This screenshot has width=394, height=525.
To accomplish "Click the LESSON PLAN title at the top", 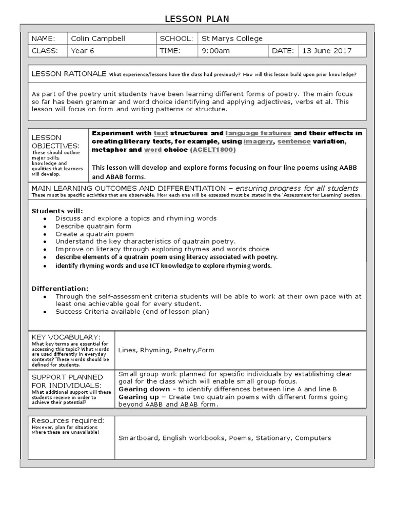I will point(196,19).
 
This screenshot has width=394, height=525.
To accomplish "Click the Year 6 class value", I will point(83,51).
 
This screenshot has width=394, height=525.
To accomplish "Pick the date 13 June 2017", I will point(326,51).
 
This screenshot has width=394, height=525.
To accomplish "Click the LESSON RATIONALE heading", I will point(69,74).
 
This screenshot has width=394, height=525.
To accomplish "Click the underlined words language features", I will point(258,133).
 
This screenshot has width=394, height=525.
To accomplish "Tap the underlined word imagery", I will point(258,141).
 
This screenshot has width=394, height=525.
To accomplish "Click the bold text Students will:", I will point(57,211).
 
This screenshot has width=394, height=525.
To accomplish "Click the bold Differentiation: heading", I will point(60,288).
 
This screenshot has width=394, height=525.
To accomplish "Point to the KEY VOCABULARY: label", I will point(66,336).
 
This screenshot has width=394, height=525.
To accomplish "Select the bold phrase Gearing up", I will point(139,397).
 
